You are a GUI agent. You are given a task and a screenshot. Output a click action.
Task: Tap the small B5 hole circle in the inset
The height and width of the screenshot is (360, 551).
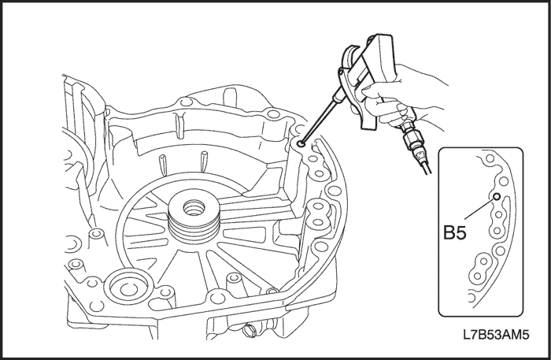[497, 197]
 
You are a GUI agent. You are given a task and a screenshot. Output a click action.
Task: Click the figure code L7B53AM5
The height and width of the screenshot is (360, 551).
[496, 334]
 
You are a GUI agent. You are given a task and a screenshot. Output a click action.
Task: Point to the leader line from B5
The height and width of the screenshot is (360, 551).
[479, 212]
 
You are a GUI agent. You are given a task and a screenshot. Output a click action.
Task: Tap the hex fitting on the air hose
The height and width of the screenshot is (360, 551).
[411, 142]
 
